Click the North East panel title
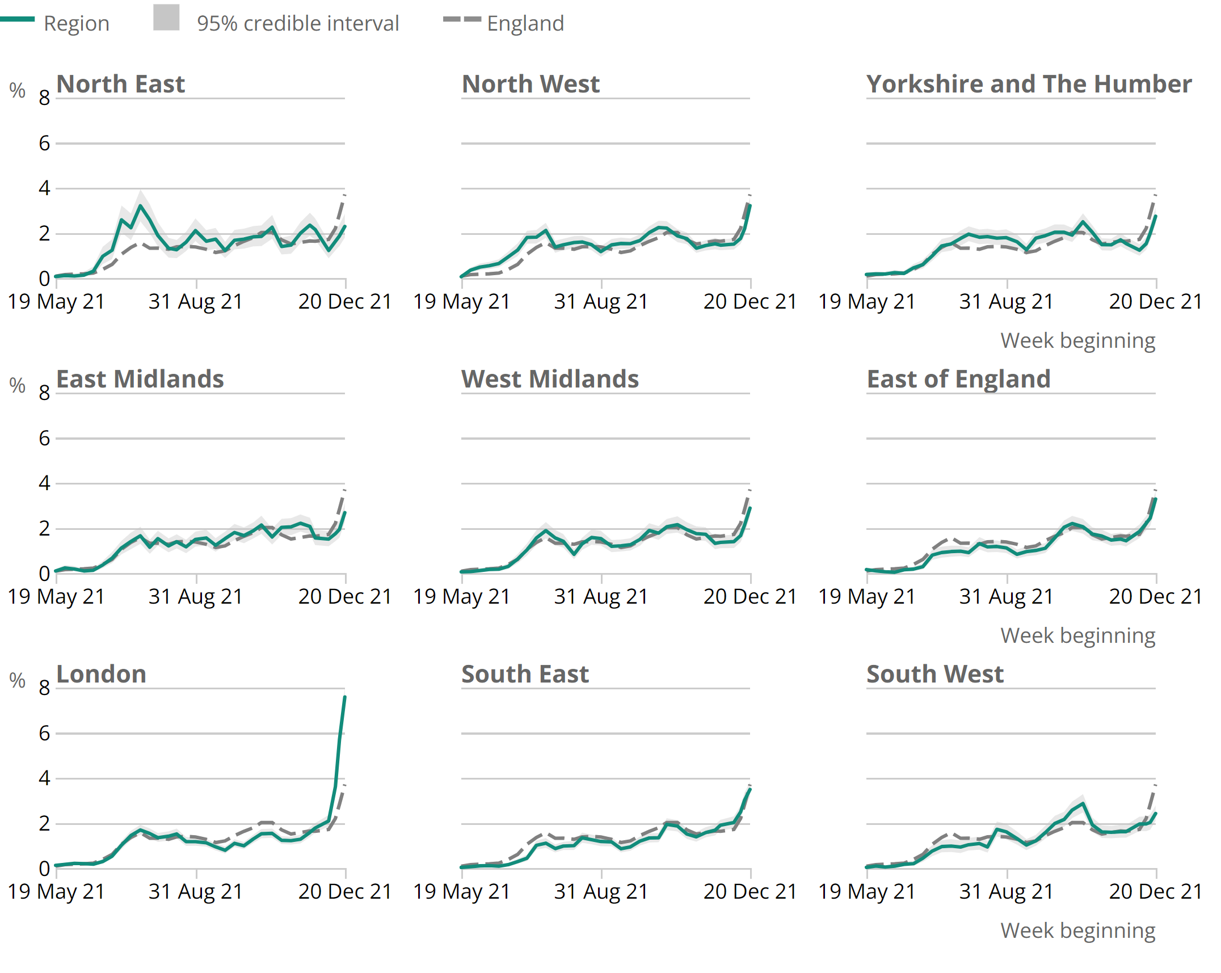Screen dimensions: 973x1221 coord(120,84)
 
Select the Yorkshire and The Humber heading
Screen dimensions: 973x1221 coord(1028,84)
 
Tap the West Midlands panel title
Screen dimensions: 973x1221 coord(549,379)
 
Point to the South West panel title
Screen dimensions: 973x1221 coord(934,674)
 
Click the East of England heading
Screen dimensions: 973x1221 coord(958,379)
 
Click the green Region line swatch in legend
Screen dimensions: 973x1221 coord(17,19)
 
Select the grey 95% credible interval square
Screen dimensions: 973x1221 coord(166,18)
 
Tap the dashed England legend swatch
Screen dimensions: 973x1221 coord(461,19)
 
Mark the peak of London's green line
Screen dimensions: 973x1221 coord(344,697)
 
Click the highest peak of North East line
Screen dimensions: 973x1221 coord(140,206)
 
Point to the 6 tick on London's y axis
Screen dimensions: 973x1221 coord(44,733)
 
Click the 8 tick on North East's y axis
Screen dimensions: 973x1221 coord(44,98)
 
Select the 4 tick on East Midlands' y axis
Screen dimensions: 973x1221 coord(44,483)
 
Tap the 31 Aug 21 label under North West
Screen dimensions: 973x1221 coord(601,301)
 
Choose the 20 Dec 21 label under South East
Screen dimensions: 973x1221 coord(750,891)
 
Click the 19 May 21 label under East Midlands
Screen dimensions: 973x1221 coord(56,596)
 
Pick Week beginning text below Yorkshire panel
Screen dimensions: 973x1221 coord(1077,340)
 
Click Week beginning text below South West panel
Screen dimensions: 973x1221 coord(1077,930)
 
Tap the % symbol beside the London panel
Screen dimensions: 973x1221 coord(18,680)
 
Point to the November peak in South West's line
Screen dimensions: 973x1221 coord(1083,803)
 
